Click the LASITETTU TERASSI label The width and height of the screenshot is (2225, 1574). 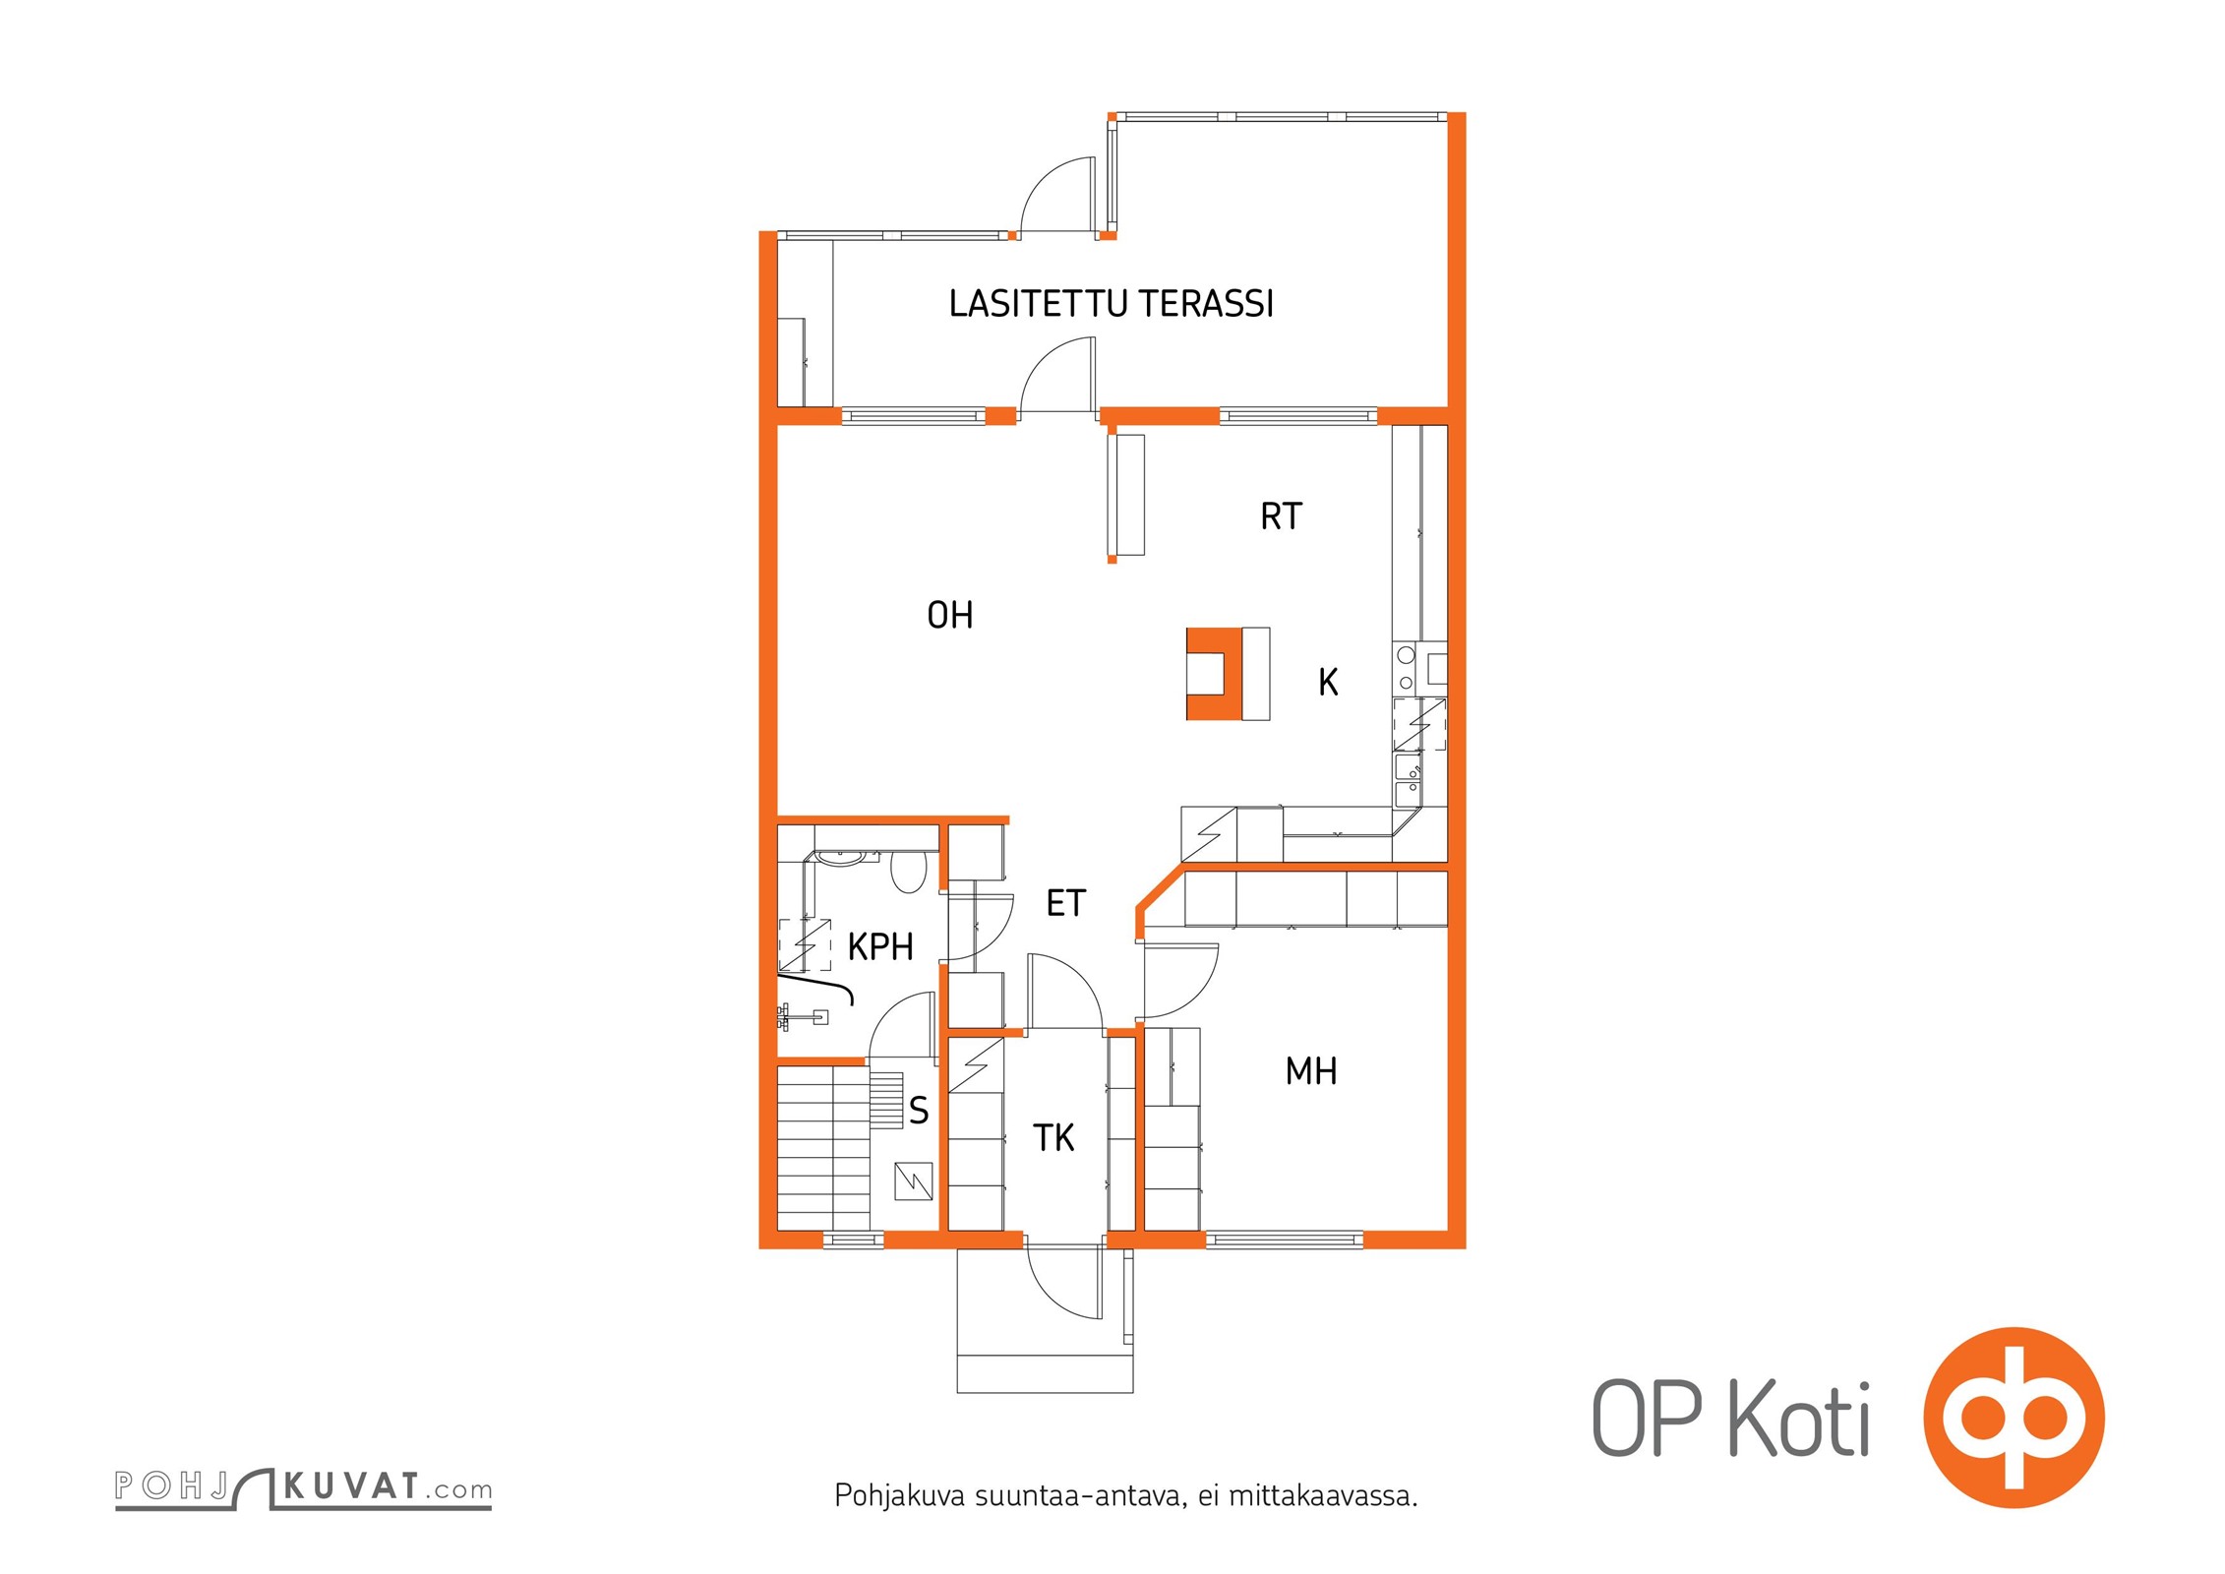pos(1111,304)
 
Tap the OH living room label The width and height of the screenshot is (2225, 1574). pos(949,616)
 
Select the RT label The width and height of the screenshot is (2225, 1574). pos(1281,516)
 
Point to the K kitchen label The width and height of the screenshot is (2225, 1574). pos(1328,683)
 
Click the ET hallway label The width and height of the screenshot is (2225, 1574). pos(1065,903)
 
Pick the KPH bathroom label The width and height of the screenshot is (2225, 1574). pos(880,946)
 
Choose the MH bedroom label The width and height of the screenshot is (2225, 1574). pos(1310,1071)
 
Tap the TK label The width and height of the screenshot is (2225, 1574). pos(1052,1138)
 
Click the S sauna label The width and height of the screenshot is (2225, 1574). pos(919,1111)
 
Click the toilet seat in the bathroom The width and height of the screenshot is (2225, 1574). pos(908,872)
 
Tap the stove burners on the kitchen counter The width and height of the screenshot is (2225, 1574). pos(1406,668)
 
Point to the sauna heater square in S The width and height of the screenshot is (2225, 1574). pos(913,1181)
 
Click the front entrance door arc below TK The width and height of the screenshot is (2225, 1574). pos(1062,1282)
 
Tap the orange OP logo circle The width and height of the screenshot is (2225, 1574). pos(2014,1417)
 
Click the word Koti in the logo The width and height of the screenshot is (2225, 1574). pos(1799,1420)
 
